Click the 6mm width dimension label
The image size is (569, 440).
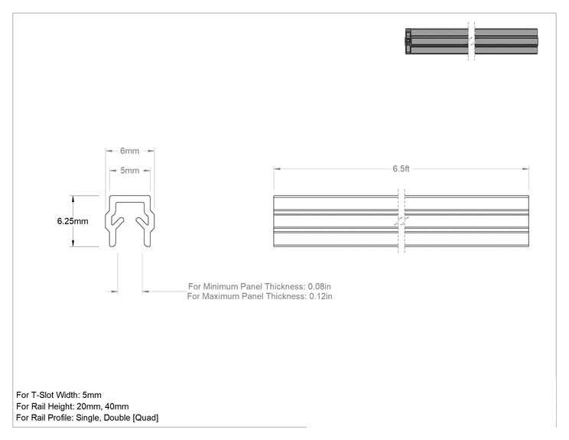tap(129, 151)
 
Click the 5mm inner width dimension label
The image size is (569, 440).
tap(129, 171)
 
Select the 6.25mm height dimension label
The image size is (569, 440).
tap(73, 221)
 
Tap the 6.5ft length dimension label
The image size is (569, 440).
tap(401, 169)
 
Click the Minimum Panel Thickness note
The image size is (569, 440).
tap(259, 286)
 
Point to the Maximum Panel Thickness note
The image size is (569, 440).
tap(259, 296)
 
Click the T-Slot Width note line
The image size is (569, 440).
tap(59, 395)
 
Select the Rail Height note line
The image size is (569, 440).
tap(73, 406)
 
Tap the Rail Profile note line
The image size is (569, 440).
tap(87, 418)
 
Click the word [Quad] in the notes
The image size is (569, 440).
tap(145, 418)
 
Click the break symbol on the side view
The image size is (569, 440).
tap(401, 221)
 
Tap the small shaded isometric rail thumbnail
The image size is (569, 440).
tap(471, 41)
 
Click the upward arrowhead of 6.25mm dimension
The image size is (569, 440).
tap(73, 199)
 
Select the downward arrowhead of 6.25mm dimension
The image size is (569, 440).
tap(73, 243)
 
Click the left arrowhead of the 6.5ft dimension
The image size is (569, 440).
tap(277, 169)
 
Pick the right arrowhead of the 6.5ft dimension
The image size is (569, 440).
tap(525, 169)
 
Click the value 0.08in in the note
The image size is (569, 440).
tap(320, 286)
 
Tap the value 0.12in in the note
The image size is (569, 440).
tap(320, 296)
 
